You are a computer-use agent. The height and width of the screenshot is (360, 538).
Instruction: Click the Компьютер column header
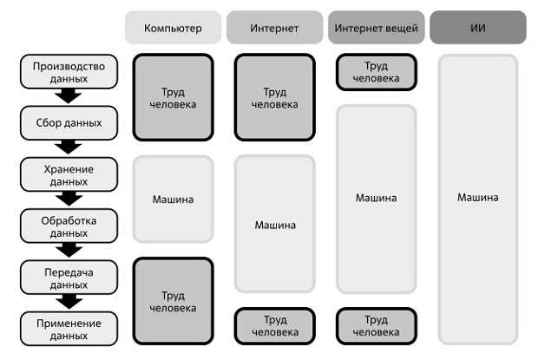click(173, 28)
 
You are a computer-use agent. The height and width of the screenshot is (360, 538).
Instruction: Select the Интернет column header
click(274, 28)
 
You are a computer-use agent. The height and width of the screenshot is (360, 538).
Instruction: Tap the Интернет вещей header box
click(377, 28)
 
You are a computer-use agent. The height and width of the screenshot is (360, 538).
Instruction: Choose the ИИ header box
click(478, 28)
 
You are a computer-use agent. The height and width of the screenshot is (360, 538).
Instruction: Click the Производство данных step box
click(69, 72)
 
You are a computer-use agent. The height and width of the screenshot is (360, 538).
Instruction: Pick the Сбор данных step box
click(69, 123)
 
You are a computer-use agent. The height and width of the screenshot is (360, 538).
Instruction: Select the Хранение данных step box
click(69, 174)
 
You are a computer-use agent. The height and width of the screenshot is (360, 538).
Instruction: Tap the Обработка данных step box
click(69, 226)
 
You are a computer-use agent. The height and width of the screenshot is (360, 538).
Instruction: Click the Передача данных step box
click(69, 278)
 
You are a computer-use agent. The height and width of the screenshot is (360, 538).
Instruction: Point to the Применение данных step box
click(69, 329)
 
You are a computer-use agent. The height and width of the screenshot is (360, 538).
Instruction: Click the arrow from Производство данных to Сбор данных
click(69, 96)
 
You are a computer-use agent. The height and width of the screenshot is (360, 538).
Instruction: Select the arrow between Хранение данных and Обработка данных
click(69, 199)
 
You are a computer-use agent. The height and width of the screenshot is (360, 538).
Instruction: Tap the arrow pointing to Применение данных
click(69, 302)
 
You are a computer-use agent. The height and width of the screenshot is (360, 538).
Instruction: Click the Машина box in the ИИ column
click(478, 199)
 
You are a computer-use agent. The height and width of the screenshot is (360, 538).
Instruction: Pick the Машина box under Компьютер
click(173, 199)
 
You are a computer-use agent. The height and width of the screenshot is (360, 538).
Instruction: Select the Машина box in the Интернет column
click(274, 224)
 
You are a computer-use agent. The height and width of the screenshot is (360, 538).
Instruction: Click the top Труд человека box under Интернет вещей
click(377, 72)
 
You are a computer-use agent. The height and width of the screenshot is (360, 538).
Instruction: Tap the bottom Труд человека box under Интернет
click(274, 326)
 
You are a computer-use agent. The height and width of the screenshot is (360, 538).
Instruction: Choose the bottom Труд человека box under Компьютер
click(173, 301)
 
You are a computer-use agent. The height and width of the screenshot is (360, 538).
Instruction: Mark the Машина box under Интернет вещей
click(377, 199)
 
